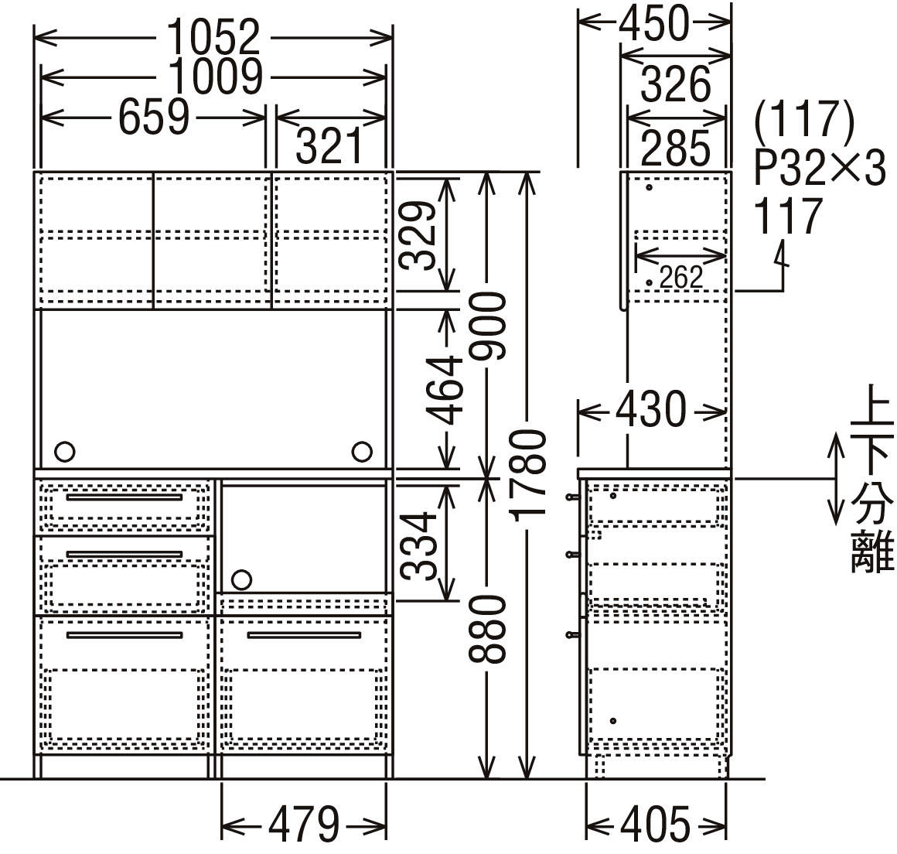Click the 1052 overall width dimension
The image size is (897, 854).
213,36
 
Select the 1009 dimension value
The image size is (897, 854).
216,76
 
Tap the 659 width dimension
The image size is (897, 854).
154,118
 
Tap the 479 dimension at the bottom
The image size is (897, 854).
303,825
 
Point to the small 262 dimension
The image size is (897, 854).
680,276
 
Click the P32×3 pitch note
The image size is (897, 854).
820,168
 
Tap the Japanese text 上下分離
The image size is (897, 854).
871,480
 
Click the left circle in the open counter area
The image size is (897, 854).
65,450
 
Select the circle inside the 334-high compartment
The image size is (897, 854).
241,579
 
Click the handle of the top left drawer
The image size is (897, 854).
124,497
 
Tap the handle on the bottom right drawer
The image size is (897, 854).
303,635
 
